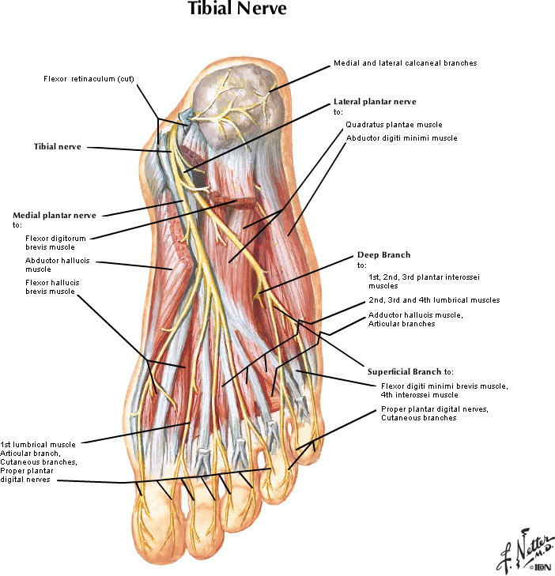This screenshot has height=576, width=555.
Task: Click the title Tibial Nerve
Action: (x=236, y=11)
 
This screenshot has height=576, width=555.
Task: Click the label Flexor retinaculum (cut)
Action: (x=81, y=78)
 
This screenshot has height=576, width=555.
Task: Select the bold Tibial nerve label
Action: (x=57, y=146)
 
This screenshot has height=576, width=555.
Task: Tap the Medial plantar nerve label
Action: (x=54, y=215)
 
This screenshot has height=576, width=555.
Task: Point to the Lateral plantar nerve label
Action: (x=374, y=101)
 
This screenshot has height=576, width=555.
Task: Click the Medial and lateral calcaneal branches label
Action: (x=405, y=62)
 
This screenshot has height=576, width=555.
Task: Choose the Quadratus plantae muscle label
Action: (x=393, y=125)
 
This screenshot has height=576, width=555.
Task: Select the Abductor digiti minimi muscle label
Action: (x=401, y=137)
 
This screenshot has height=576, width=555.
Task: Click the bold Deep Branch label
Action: (x=383, y=254)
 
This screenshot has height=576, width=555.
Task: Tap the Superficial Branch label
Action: (x=410, y=371)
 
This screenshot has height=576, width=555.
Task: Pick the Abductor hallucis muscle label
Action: (x=49, y=264)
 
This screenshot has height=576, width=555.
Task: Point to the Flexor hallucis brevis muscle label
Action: (x=51, y=287)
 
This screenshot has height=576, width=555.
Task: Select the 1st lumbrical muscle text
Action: (x=38, y=444)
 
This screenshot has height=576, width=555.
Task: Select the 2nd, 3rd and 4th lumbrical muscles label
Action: (x=433, y=300)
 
